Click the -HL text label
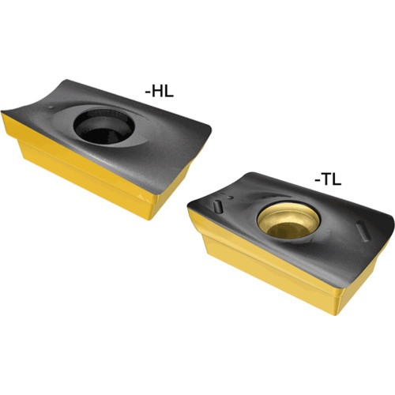tap(160, 92)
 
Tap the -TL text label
tap(328, 180)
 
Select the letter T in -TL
tap(327, 180)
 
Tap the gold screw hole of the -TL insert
tap(288, 221)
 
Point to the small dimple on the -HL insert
tap(51, 107)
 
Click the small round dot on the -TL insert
tap(231, 197)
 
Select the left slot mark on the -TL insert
tap(218, 206)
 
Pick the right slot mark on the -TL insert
tap(363, 231)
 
